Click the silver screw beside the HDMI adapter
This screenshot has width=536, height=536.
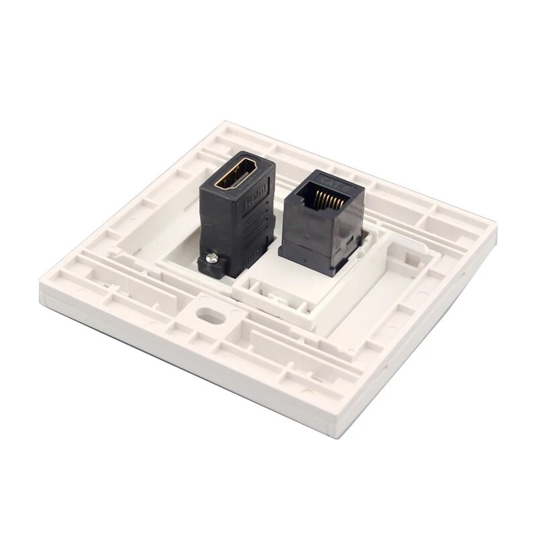[213, 257]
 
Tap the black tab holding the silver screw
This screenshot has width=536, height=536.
[210, 263]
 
